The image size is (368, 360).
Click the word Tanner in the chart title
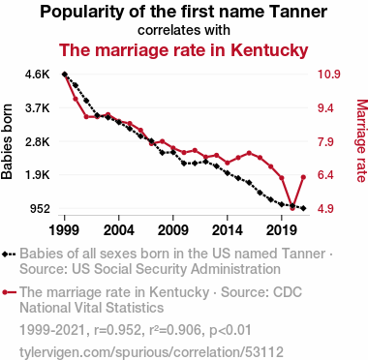click(297, 12)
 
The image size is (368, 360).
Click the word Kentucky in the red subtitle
click(269, 50)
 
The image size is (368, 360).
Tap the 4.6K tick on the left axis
click(38, 75)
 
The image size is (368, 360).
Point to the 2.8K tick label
click(38, 141)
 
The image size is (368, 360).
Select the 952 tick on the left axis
click(40, 209)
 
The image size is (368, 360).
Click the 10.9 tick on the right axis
click(328, 75)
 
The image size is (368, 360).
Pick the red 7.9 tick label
click(325, 141)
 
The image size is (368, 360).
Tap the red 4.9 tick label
click(325, 209)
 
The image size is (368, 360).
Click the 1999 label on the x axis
click(65, 230)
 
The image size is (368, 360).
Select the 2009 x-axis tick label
click(173, 230)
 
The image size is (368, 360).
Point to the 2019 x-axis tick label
click(282, 230)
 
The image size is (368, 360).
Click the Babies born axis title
click(7, 141)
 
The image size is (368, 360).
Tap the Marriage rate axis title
click(361, 141)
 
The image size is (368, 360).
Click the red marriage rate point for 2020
click(292, 208)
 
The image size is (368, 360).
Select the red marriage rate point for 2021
click(303, 177)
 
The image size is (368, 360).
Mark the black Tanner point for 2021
click(303, 208)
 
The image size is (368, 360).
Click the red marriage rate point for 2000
click(76, 99)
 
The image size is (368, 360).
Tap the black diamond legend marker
click(9, 255)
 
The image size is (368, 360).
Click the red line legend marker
click(9, 292)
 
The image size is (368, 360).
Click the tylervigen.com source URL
click(151, 352)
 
